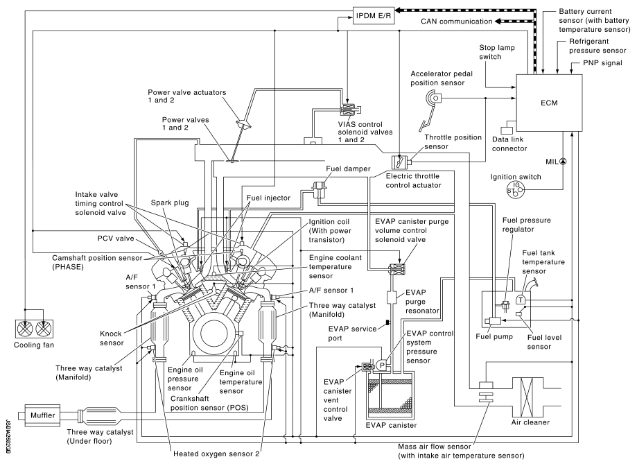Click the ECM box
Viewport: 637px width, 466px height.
point(549,103)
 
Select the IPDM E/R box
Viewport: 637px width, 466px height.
point(374,16)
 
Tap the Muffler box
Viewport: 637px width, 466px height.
point(42,415)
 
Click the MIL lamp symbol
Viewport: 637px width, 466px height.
point(563,162)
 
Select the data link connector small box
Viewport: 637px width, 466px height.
point(507,130)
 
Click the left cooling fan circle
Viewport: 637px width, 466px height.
point(25,329)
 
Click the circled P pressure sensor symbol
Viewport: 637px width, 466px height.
point(382,365)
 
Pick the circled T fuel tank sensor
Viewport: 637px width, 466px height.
point(521,300)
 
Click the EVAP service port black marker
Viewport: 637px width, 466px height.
point(387,322)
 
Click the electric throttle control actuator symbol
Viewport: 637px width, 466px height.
point(399,162)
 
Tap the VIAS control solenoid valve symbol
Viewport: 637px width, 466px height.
point(349,110)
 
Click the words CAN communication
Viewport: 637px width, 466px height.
point(456,21)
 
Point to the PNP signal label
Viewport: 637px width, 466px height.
point(602,63)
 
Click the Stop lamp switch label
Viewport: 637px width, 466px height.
point(496,52)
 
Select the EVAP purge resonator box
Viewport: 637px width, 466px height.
point(392,297)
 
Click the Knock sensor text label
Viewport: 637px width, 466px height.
point(111,338)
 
